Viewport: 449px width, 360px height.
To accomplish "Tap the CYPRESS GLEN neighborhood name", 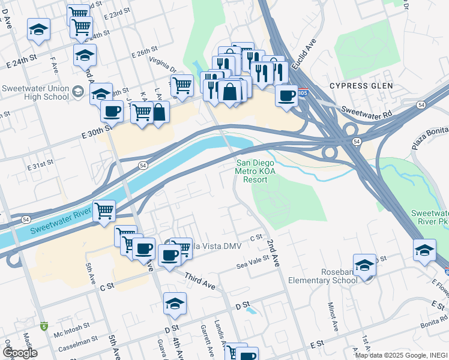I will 361,86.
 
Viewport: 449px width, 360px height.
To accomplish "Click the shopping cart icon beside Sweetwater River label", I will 104,211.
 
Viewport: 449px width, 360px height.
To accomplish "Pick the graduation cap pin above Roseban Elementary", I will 364,265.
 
